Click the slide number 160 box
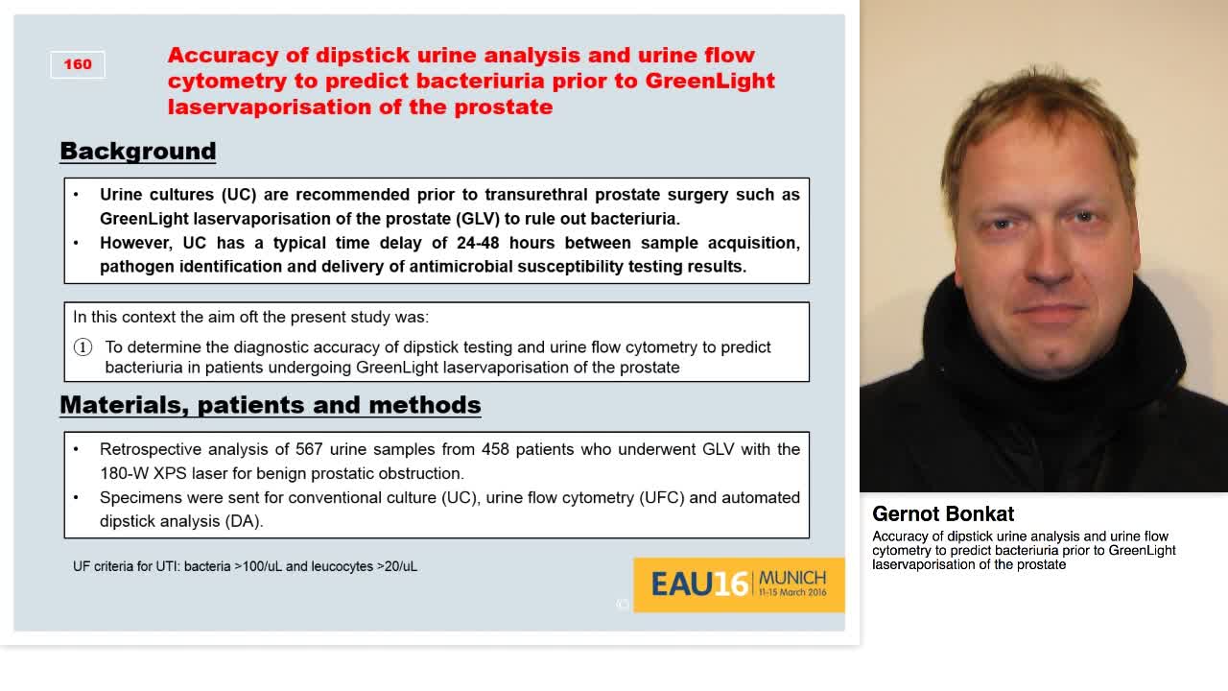pos(78,64)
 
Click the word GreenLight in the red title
pos(710,81)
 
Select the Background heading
pos(138,152)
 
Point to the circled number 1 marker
pos(83,347)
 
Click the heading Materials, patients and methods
pos(271,405)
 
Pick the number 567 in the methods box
pos(309,449)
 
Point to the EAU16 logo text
pos(699,584)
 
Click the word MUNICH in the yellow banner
pos(792,578)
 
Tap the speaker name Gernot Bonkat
pos(943,514)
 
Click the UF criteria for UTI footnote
pos(245,567)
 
